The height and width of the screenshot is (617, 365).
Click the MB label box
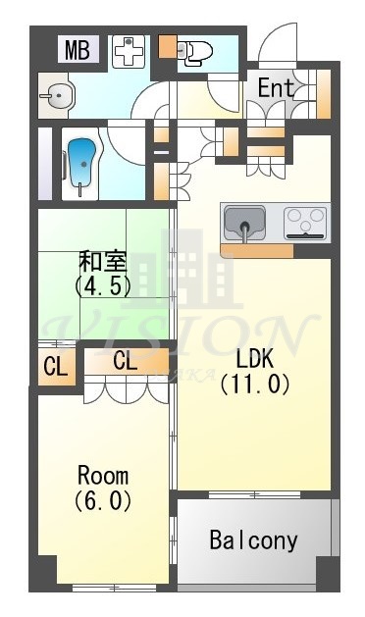coord(78,49)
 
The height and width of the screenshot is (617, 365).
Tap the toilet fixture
coord(197,50)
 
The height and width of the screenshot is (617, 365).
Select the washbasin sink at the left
coord(61,97)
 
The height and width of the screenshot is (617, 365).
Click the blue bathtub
coord(82,159)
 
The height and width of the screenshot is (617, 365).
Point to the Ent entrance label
coord(276,87)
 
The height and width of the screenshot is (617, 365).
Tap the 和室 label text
coord(102,262)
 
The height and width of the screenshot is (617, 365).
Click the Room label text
coord(103,476)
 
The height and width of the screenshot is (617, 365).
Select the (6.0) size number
coord(103,499)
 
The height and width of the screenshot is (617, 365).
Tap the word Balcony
coord(253,540)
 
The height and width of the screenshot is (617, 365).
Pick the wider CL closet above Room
coord(126,360)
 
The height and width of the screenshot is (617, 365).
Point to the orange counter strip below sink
coord(257,250)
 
